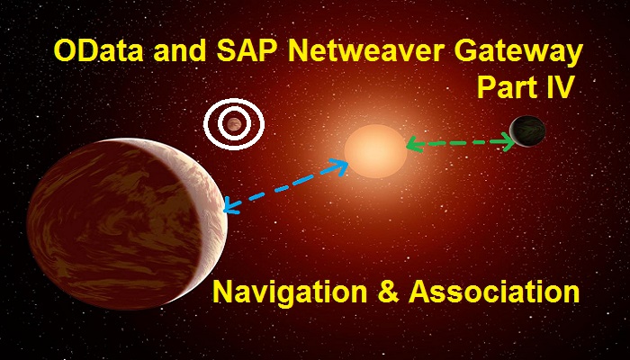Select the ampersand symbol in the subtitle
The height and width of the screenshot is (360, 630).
coord(388,292)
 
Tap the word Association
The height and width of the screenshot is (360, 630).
coord(494,292)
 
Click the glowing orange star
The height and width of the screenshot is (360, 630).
coord(375,151)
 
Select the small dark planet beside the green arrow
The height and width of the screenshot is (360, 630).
coord(527,131)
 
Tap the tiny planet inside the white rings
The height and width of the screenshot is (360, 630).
coord(234,124)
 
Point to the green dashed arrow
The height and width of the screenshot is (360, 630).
coord(461,143)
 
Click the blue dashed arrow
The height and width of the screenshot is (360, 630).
coord(285,186)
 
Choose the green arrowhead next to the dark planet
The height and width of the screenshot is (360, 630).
coord(508,142)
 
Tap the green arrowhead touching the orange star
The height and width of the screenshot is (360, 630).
coord(415,144)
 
